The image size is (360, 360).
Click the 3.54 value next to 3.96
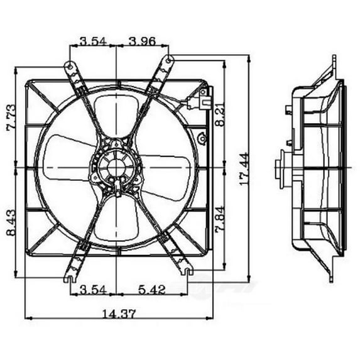click(92, 43)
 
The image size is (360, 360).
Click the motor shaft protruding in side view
click(278, 168)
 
